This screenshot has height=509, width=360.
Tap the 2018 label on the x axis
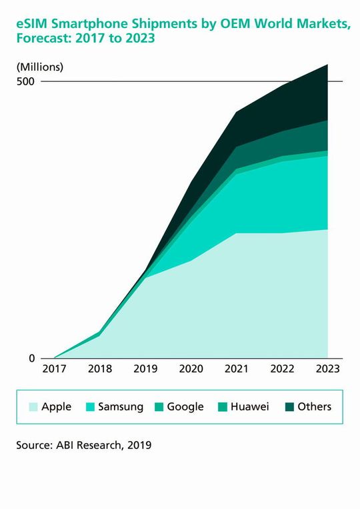coord(99,368)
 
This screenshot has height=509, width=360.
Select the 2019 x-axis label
coord(145,368)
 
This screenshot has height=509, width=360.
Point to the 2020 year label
coord(191,368)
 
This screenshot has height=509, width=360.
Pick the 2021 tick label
coord(237,368)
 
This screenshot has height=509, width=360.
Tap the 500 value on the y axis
coord(27,81)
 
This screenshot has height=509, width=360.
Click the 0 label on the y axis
coord(32,358)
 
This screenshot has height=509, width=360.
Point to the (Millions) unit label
coord(39,66)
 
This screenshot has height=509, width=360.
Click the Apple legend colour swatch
coord(31,406)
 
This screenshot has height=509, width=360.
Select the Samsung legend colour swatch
coord(88,406)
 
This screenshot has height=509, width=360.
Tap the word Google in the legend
coord(185,406)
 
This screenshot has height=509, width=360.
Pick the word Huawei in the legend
coord(249,406)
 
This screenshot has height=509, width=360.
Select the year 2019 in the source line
coord(138,444)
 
